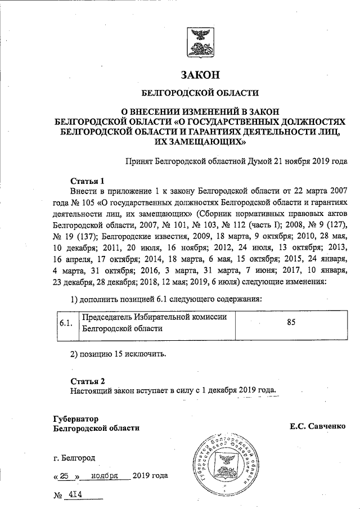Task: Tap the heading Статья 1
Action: pyautogui.click(x=87, y=181)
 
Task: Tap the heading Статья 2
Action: pyautogui.click(x=87, y=381)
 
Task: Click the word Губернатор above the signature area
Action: pyautogui.click(x=75, y=418)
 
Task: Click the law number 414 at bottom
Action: pyautogui.click(x=74, y=495)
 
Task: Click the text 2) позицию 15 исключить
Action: pyautogui.click(x=118, y=355)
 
